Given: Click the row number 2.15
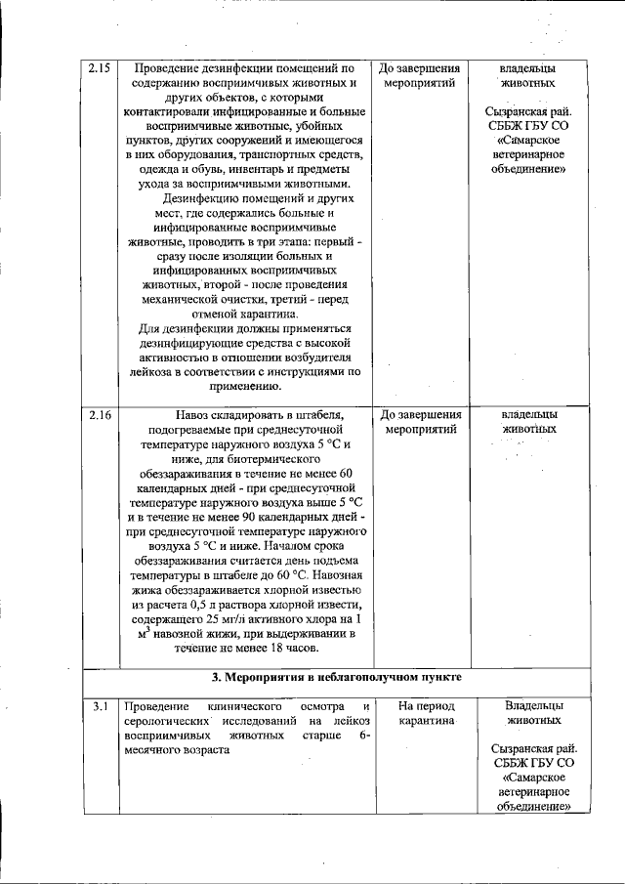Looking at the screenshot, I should pyautogui.click(x=99, y=69).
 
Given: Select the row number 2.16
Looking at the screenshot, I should pyautogui.click(x=99, y=415).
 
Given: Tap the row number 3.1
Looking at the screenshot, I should pyautogui.click(x=99, y=705).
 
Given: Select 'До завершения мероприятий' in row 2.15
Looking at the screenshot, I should pyautogui.click(x=420, y=77).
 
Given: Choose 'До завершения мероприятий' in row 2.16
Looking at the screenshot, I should pyautogui.click(x=420, y=422).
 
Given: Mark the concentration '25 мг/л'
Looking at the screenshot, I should pyautogui.click(x=209, y=618).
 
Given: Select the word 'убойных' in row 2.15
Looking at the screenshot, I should pyautogui.click(x=330, y=127).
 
